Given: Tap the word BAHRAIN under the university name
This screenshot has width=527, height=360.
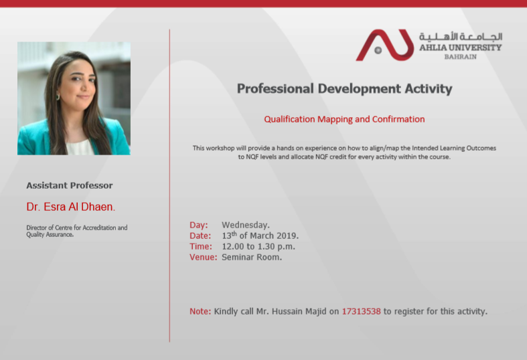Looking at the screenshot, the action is (x=461, y=57).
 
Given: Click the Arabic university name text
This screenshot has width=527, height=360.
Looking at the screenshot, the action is (x=461, y=36).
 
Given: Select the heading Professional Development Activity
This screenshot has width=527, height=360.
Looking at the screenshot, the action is (x=344, y=88).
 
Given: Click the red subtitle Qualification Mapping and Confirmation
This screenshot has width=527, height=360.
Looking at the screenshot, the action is (x=344, y=119).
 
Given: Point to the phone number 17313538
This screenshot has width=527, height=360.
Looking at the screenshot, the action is (x=362, y=311).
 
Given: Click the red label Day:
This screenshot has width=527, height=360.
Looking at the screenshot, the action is (x=199, y=225).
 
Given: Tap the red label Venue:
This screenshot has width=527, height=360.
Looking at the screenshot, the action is (x=204, y=257).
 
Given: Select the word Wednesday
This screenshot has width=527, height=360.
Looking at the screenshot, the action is (x=246, y=225).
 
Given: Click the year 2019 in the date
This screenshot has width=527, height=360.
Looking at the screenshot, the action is (x=287, y=236).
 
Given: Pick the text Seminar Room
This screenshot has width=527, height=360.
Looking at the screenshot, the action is (x=252, y=257).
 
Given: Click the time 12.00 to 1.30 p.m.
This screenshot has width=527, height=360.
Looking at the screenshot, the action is (x=258, y=246).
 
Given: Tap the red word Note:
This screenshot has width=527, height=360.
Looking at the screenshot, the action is (x=200, y=311).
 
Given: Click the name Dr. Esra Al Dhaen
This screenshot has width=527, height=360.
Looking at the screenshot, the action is (x=70, y=207).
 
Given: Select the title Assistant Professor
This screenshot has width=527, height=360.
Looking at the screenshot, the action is (x=70, y=185).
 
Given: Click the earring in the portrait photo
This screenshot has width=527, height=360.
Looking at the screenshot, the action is (x=58, y=97).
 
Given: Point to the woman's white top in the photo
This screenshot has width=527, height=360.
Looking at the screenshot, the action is (x=80, y=147).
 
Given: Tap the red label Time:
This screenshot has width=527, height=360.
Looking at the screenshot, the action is (x=201, y=246).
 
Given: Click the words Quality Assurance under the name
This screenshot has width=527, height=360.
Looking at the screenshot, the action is (x=50, y=235).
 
